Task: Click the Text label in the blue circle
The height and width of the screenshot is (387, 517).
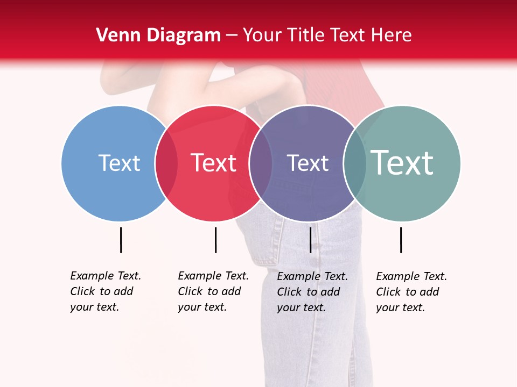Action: [x=119, y=163]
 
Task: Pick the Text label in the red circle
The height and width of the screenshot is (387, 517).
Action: [x=214, y=163]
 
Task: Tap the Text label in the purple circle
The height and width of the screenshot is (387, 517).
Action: [x=308, y=163]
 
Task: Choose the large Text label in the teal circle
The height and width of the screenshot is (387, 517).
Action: [x=402, y=163]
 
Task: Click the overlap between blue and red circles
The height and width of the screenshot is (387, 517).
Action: [x=166, y=163]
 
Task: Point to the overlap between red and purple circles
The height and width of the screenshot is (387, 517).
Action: [x=261, y=163]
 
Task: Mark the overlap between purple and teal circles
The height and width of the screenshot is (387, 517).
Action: [x=354, y=163]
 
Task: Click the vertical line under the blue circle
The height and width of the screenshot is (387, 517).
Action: [x=121, y=240]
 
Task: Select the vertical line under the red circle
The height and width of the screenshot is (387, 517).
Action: [x=215, y=240]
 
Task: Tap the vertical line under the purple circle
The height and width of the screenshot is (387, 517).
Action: [x=310, y=240]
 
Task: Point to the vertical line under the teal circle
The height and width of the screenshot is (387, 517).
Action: [x=401, y=240]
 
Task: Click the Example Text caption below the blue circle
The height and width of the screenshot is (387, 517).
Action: [x=106, y=291]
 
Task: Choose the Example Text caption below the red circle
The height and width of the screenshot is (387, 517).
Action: [x=213, y=291]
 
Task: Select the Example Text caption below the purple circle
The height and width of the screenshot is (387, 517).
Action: [x=312, y=292]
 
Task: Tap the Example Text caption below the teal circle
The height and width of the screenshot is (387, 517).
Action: [x=411, y=292]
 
